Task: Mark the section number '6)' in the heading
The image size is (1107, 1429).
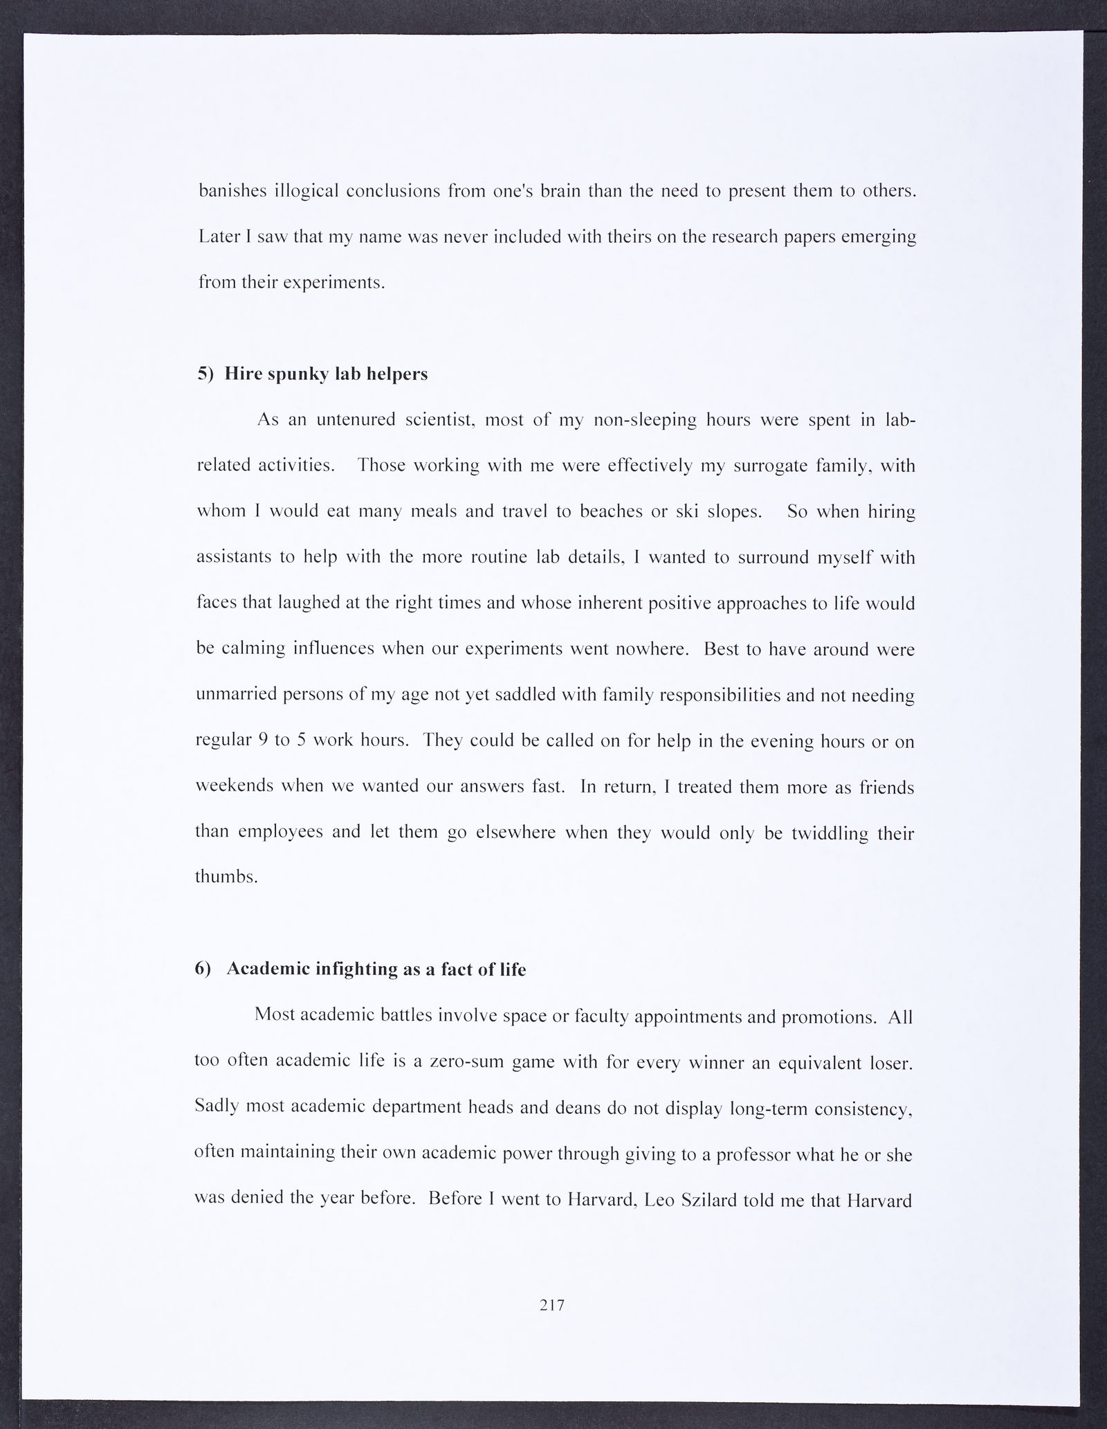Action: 203,970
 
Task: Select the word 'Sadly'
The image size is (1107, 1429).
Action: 217,1107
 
